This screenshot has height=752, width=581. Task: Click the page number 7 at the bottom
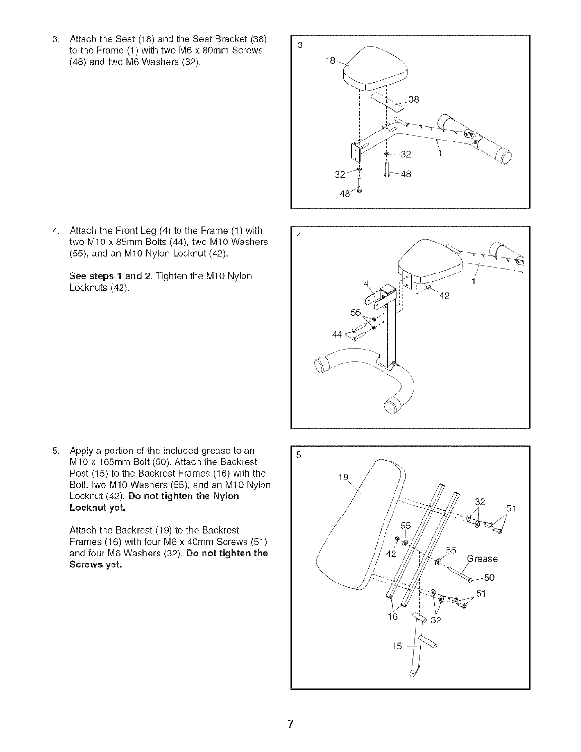click(x=290, y=724)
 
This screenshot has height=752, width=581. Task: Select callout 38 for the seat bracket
click(x=414, y=100)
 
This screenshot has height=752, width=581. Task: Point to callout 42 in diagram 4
click(x=444, y=296)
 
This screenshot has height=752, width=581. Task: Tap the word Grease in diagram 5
click(x=482, y=559)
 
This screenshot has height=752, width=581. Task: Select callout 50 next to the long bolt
click(x=489, y=577)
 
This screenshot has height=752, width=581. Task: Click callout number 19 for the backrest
click(x=343, y=477)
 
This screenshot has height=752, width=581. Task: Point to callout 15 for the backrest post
click(x=397, y=646)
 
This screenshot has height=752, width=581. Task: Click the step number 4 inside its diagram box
click(x=299, y=235)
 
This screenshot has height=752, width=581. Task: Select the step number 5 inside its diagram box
click(x=299, y=455)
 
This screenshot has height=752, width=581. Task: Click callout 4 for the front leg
click(x=366, y=284)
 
